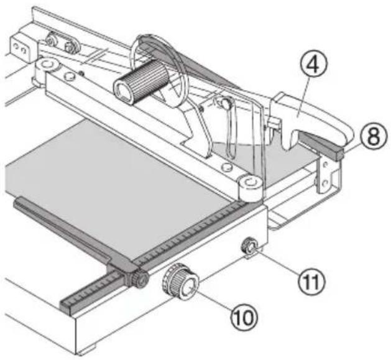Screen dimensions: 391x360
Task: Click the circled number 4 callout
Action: tap(313, 65)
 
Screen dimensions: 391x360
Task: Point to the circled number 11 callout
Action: tap(312, 281)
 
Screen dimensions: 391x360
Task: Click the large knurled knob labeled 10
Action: tap(181, 282)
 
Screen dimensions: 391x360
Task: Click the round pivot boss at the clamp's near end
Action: tap(250, 187)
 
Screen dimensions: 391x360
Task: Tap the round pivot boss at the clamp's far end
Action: tap(48, 65)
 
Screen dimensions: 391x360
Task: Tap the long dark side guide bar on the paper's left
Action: tap(67, 232)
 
